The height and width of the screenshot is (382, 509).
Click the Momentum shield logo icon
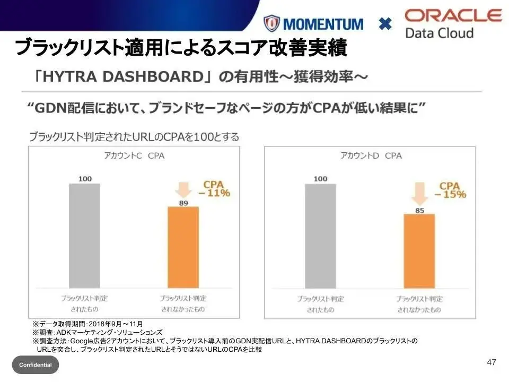click(271, 23)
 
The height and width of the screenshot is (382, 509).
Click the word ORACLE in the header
click(453, 15)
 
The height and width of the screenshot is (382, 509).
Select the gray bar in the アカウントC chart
click(84, 236)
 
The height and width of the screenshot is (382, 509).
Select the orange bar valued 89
click(183, 247)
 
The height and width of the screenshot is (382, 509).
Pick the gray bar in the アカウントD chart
click(320, 236)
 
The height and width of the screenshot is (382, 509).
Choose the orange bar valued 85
click(419, 251)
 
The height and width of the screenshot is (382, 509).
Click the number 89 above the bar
click(183, 202)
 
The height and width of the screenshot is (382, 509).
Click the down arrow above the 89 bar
click(183, 189)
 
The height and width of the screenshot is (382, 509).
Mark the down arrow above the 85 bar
click(419, 194)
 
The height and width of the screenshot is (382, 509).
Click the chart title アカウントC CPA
click(133, 155)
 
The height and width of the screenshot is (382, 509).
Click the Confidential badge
click(36, 365)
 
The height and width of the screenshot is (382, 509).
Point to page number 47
click(492, 362)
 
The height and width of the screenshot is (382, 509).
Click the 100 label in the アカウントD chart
click(320, 179)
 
